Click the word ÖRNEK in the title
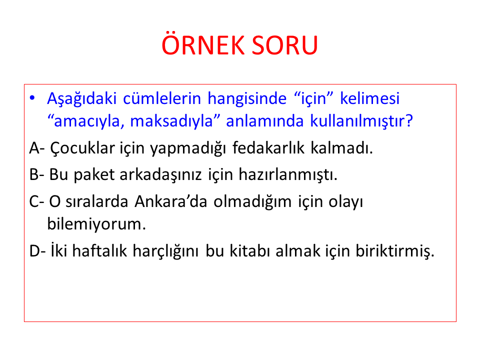[202, 44]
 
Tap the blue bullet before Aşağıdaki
[32, 98]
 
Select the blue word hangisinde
[247, 98]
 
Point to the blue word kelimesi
[370, 98]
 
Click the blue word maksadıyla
[171, 121]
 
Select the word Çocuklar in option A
[82, 148]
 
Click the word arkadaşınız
[160, 175]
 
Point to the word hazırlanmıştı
[288, 175]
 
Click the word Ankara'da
[171, 201]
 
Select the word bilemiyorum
[96, 224]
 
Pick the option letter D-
[37, 251]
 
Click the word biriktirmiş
[395, 251]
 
